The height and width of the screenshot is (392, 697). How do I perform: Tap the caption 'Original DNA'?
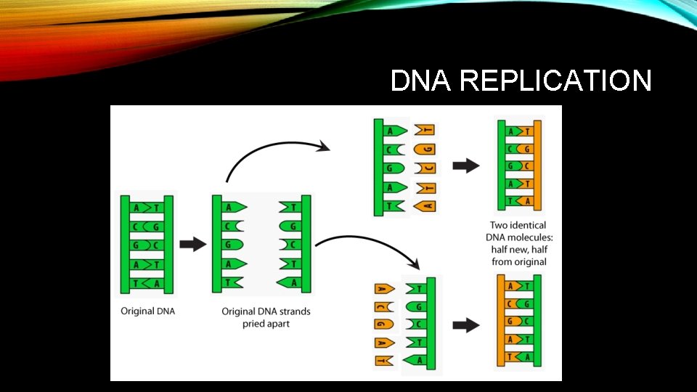[147, 311]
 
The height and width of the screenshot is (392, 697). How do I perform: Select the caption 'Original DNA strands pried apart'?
[266, 317]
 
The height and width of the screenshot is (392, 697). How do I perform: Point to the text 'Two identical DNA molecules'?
[518, 231]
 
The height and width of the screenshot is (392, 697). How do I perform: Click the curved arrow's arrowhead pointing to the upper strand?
[323, 147]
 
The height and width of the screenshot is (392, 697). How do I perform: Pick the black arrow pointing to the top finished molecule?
[465, 166]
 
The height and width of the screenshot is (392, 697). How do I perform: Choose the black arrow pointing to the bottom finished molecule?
[465, 325]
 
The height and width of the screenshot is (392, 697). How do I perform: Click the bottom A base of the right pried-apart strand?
[291, 282]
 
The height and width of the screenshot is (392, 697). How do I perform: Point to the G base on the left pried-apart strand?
[232, 244]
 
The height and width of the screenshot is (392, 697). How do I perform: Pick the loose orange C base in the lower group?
[383, 306]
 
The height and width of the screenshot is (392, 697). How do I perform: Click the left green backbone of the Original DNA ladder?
[125, 245]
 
